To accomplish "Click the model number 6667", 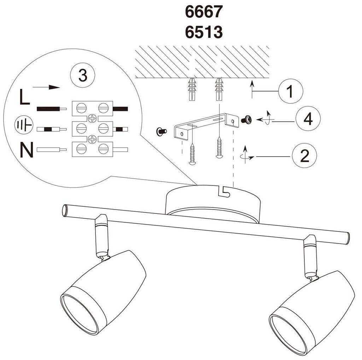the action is [x=204, y=12].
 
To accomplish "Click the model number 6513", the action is [x=204, y=32].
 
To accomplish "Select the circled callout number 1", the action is [x=291, y=91].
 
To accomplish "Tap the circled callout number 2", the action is [x=304, y=156].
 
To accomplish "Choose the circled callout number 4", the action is [x=308, y=119].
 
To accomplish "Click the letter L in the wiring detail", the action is [x=24, y=97].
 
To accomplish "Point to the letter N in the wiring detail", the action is [x=27, y=150].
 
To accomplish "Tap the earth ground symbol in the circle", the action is [x=24, y=125].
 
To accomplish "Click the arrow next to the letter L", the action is [x=46, y=87].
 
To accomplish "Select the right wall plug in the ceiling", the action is [x=219, y=89].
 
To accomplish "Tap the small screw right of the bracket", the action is [x=246, y=120].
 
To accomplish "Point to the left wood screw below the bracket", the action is [x=192, y=154].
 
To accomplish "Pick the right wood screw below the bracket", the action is [x=219, y=147].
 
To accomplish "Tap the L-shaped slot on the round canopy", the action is [x=224, y=191].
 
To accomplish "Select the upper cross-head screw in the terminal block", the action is [x=92, y=118].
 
